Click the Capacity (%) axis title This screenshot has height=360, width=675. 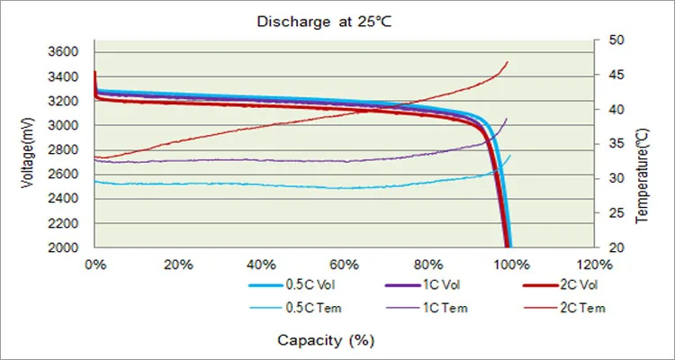[x=326, y=340]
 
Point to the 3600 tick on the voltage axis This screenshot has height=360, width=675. [x=67, y=52]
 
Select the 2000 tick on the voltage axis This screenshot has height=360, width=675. [x=67, y=247]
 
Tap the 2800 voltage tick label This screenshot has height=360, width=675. [x=67, y=150]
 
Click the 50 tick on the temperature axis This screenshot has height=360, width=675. [x=617, y=40]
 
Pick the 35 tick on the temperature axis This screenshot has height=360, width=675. [x=617, y=144]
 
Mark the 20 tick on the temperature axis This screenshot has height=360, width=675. [x=617, y=247]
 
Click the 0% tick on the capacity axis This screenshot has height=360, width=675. [x=95, y=265]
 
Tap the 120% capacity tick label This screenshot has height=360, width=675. [x=593, y=265]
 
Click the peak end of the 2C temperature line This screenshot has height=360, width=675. [x=508, y=61]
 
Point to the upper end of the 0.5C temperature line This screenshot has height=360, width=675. [x=510, y=156]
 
